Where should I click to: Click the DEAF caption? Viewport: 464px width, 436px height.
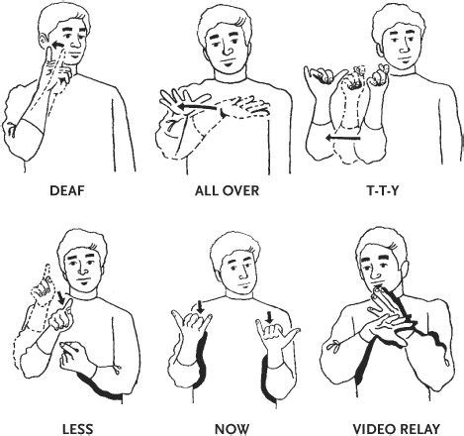pyautogui.click(x=67, y=191)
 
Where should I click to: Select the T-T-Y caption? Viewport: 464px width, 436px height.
pyautogui.click(x=383, y=191)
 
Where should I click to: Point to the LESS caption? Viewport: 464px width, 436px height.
pyautogui.click(x=78, y=429)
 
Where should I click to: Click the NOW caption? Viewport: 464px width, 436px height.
pyautogui.click(x=232, y=429)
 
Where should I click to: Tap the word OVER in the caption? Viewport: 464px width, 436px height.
pyautogui.click(x=240, y=191)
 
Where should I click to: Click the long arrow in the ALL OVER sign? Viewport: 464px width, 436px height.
pyautogui.click(x=198, y=107)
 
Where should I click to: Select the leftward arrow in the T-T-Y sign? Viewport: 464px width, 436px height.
pyautogui.click(x=343, y=138)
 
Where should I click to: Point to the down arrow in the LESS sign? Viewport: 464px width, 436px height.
pyautogui.click(x=61, y=297)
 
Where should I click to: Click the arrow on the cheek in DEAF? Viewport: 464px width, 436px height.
pyautogui.click(x=58, y=46)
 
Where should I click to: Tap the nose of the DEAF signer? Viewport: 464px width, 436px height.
pyautogui.click(x=77, y=46)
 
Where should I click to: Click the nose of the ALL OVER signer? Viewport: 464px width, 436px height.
pyautogui.click(x=228, y=50)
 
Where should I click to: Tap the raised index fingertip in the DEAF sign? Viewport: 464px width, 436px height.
pyautogui.click(x=49, y=51)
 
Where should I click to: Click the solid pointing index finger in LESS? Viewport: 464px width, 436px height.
pyautogui.click(x=67, y=305)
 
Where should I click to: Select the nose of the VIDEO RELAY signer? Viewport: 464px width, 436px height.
pyautogui.click(x=375, y=274)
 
